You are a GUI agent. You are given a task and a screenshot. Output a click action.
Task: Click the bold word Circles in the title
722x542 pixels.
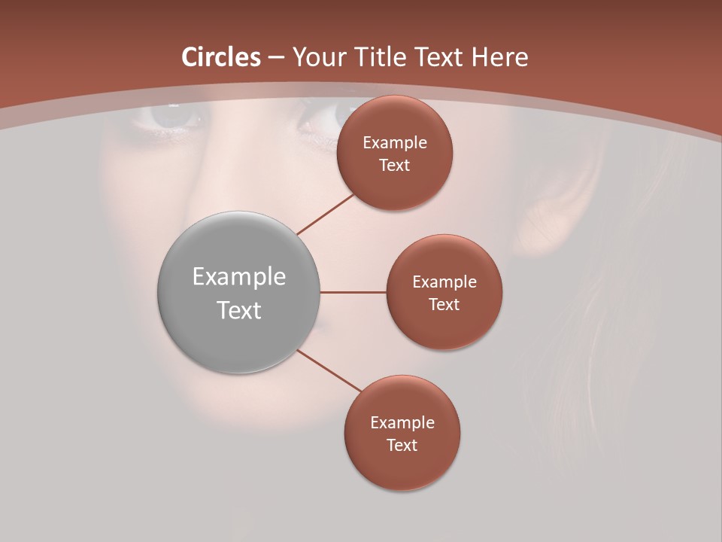click(220, 57)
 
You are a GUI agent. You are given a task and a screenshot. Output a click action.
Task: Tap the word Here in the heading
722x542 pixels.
click(500, 57)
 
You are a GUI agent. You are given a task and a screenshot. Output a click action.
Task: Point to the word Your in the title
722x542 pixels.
click(320, 57)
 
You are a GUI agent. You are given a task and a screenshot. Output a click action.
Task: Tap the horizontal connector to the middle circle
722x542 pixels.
click(353, 292)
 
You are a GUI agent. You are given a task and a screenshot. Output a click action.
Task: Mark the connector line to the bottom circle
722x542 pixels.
click(331, 372)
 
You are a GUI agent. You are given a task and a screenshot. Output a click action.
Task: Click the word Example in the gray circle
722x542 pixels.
click(238, 277)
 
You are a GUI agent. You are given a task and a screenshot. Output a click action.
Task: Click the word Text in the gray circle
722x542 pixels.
click(238, 310)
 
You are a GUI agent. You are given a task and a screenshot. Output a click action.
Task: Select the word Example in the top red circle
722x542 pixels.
click(394, 143)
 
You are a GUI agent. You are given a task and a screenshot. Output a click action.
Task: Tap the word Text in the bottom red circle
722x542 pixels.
click(402, 445)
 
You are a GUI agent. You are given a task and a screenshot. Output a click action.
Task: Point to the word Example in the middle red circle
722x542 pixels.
click(444, 282)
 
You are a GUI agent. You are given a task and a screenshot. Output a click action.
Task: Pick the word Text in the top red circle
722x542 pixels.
click(394, 166)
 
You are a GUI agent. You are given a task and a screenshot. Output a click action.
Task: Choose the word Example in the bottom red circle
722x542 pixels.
click(402, 422)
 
